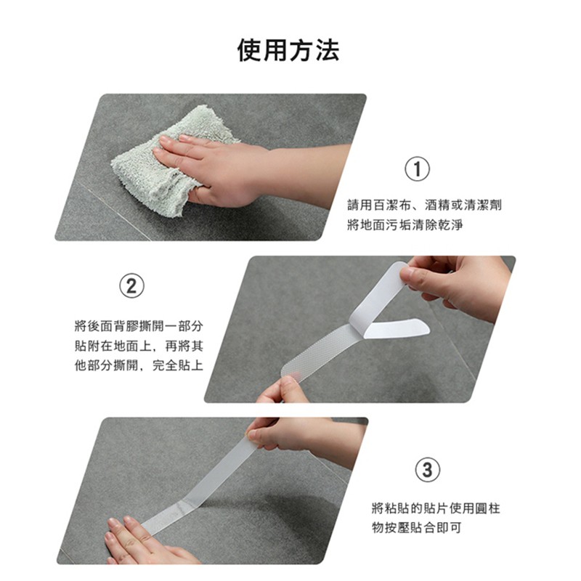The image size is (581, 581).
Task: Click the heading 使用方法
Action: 288,50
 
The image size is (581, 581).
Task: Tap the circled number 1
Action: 417,169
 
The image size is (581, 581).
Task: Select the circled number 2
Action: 131,286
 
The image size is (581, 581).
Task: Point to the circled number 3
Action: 427,470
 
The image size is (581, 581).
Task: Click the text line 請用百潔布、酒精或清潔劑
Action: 425,205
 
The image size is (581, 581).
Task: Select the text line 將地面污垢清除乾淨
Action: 405,225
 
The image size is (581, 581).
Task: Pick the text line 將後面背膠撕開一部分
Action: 139,326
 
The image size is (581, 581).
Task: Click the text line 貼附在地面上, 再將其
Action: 139,346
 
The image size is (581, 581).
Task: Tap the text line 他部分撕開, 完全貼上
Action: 139,366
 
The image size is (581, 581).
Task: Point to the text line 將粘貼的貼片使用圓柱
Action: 436,508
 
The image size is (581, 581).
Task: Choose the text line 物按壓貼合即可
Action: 417,528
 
